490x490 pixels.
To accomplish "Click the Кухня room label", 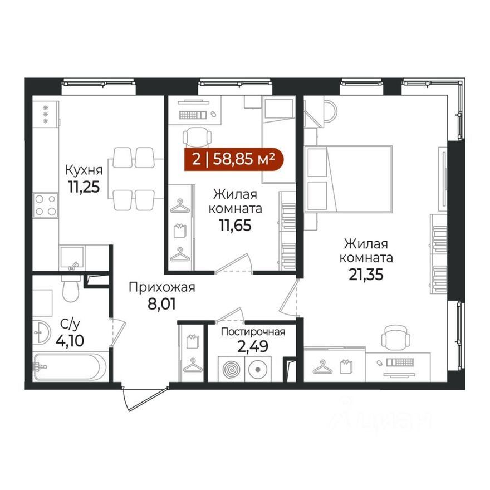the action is (x=84, y=171).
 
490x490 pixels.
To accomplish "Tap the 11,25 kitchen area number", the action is (x=84, y=187).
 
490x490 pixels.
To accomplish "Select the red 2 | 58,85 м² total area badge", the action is (x=234, y=159).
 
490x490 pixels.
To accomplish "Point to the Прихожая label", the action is (x=162, y=287).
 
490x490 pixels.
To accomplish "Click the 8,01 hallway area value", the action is (x=161, y=304).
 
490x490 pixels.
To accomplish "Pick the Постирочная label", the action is (x=253, y=332).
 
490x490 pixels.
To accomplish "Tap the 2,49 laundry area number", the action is (x=253, y=346).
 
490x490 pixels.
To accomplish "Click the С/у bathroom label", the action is (x=70, y=325).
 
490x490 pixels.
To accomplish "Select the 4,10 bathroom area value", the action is (x=70, y=341).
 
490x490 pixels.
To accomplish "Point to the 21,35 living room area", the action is (x=366, y=275).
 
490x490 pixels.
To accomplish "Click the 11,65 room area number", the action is (x=236, y=226).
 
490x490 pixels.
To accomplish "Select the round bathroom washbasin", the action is (x=41, y=332).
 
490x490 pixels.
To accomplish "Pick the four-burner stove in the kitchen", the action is (x=46, y=205).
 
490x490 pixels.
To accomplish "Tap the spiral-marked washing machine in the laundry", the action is (x=231, y=369).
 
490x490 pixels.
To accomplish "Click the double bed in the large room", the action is (x=349, y=179).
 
